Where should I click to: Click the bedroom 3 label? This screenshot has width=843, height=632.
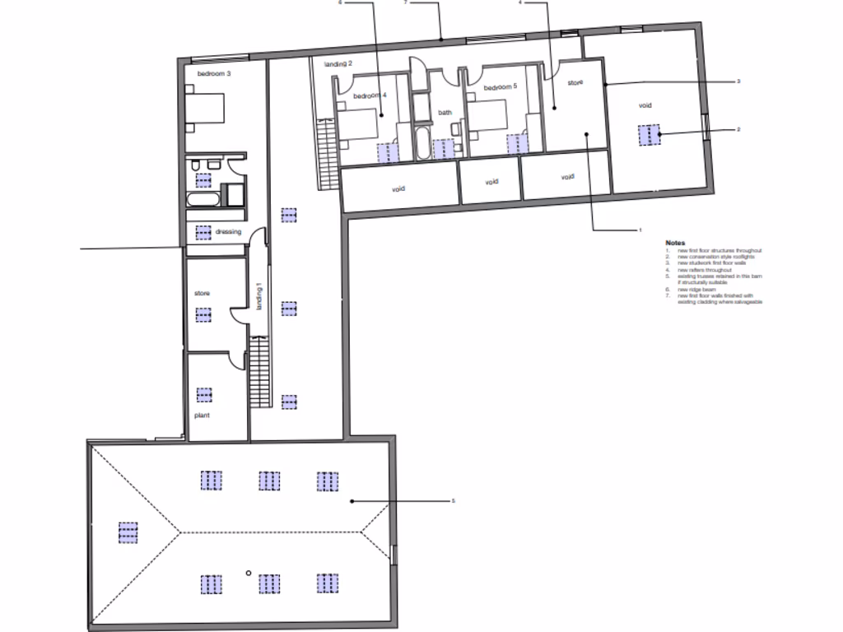click(x=213, y=74)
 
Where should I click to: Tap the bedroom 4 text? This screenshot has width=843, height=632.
click(x=370, y=95)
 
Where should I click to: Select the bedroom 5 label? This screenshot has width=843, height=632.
click(x=500, y=87)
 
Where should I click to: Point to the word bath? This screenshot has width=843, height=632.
click(x=445, y=113)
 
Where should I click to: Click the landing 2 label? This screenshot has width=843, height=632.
click(x=338, y=63)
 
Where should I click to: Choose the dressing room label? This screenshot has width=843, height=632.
click(x=228, y=232)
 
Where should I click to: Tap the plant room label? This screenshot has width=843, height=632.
click(x=202, y=416)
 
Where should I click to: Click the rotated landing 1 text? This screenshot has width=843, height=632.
click(x=258, y=297)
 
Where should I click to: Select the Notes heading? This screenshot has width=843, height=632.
click(x=675, y=244)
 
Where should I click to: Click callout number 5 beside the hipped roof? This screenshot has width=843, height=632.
click(x=452, y=501)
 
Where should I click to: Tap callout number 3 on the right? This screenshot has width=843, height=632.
click(x=738, y=81)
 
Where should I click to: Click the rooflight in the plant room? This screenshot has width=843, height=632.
click(x=203, y=394)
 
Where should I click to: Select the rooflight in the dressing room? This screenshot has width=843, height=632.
click(x=203, y=232)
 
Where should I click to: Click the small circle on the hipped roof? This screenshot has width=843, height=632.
click(x=248, y=573)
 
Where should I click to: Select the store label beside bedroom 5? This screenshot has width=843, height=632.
click(x=575, y=82)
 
